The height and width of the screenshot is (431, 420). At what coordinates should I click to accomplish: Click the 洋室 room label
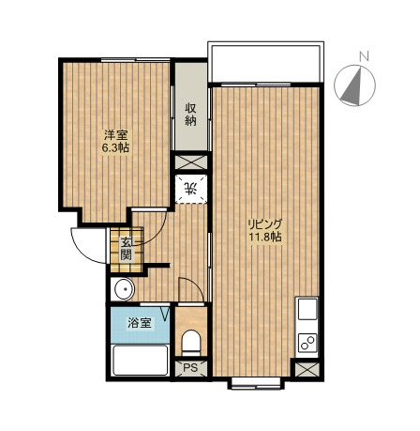(x=115, y=135)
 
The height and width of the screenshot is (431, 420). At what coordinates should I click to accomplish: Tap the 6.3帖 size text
(x=115, y=147)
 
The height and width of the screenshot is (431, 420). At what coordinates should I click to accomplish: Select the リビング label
(x=265, y=224)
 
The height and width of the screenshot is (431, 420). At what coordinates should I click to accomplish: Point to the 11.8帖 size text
(x=265, y=237)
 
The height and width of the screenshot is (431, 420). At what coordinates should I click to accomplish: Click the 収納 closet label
(x=190, y=115)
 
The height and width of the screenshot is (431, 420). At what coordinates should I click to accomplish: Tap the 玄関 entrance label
(x=127, y=249)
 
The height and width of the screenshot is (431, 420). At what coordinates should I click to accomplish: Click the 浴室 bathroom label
(x=140, y=323)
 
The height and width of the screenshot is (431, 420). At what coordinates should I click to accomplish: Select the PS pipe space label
(x=190, y=368)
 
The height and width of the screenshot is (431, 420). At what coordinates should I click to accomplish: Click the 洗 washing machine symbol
(x=190, y=190)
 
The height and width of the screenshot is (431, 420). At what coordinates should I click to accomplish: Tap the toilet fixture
(x=191, y=343)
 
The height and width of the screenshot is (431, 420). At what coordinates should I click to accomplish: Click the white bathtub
(x=141, y=361)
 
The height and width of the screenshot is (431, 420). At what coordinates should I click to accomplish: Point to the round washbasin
(x=124, y=289)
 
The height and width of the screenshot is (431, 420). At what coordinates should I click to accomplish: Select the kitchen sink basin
(x=307, y=309)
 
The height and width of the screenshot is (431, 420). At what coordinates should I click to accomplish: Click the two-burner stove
(x=307, y=342)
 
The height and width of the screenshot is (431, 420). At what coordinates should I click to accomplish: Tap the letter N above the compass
(x=364, y=56)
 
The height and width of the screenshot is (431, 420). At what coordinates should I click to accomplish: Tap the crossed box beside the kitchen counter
(x=307, y=370)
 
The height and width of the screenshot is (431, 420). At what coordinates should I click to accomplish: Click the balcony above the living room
(x=265, y=64)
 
